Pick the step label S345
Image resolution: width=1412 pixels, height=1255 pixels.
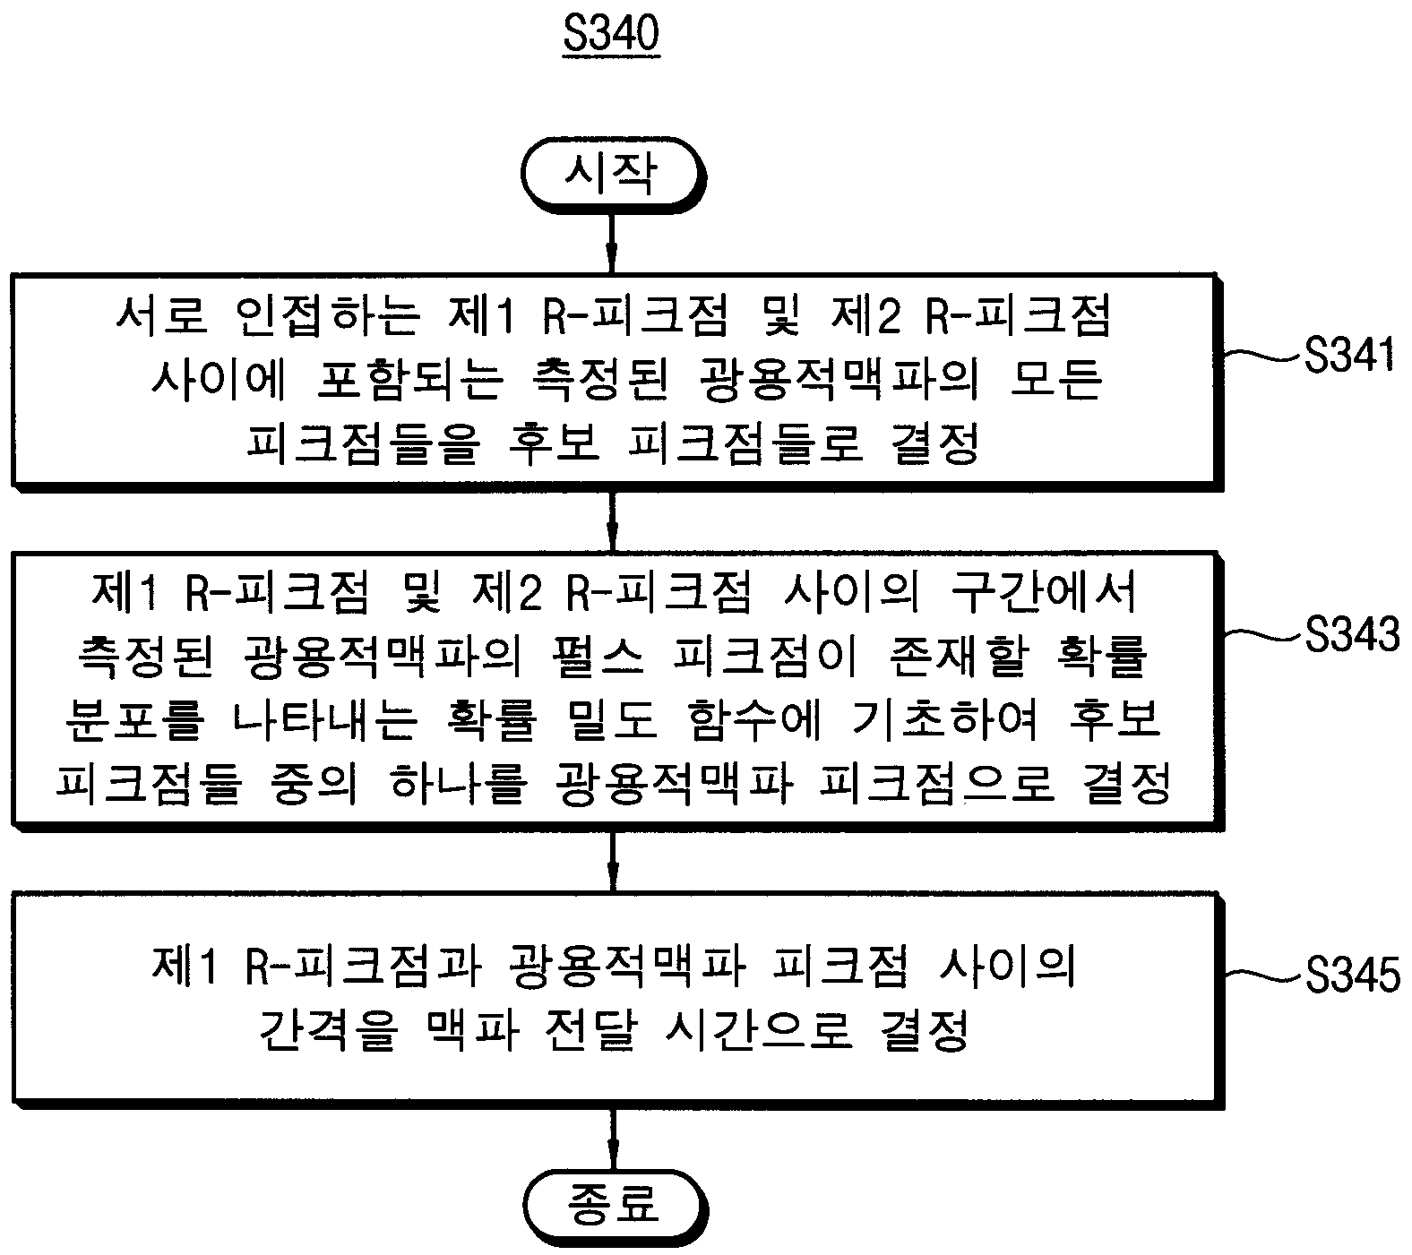(x=1351, y=975)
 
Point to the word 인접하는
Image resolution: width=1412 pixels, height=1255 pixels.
(x=327, y=317)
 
